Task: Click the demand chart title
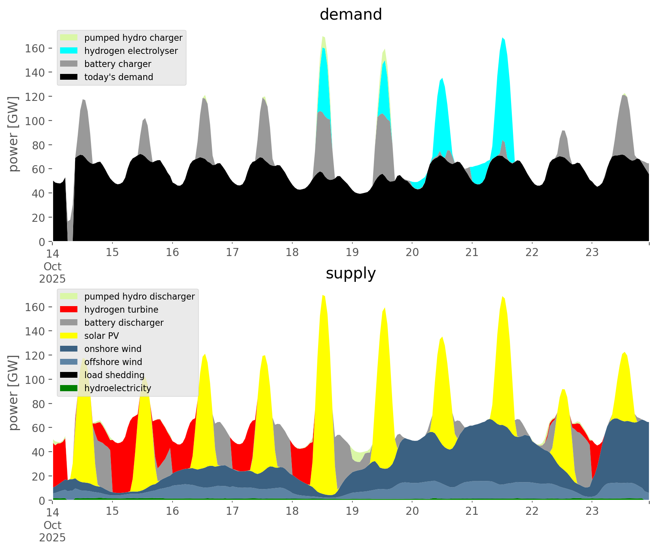(x=350, y=15)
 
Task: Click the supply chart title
(x=350, y=273)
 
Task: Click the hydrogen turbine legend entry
(x=121, y=310)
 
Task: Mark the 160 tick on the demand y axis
(x=35, y=48)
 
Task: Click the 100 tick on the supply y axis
(x=35, y=380)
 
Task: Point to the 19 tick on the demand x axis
(x=352, y=253)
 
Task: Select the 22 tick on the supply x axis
(x=532, y=511)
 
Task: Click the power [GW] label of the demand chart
(x=14, y=134)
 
